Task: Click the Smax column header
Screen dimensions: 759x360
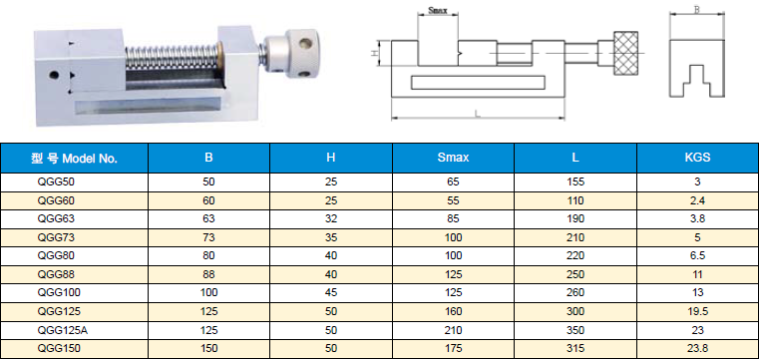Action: pyautogui.click(x=453, y=158)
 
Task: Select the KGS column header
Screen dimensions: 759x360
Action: pyautogui.click(x=698, y=158)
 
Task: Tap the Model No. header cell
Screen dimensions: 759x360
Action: pyautogui.click(x=74, y=159)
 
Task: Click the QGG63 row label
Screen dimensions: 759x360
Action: pyautogui.click(x=56, y=218)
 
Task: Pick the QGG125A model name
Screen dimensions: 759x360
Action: pyautogui.click(x=59, y=330)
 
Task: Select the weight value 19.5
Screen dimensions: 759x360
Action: pyautogui.click(x=698, y=311)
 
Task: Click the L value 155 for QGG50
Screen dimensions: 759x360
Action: pyautogui.click(x=575, y=181)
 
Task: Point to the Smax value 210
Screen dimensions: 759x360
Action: pyautogui.click(x=454, y=330)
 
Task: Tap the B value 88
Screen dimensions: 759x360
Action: pyautogui.click(x=209, y=274)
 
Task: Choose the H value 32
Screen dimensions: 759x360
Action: pyautogui.click(x=331, y=218)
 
